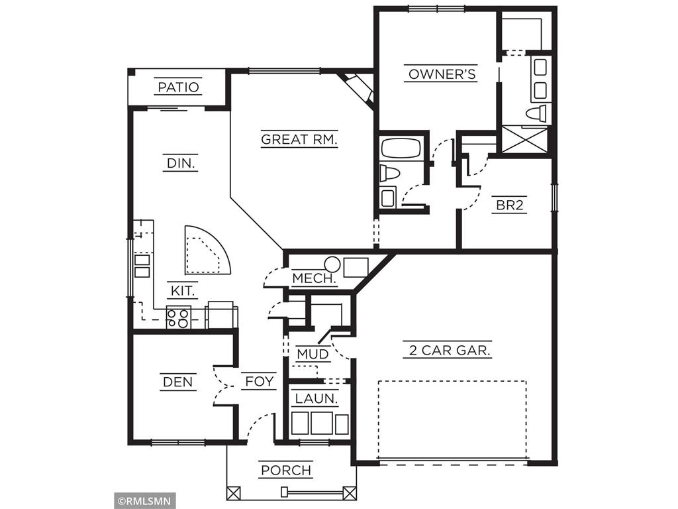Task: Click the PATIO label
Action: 178,87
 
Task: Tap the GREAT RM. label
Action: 299,139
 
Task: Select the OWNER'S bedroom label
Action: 442,74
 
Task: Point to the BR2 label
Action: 510,205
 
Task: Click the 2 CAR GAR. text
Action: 448,351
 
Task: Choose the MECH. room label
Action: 314,278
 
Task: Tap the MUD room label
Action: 313,355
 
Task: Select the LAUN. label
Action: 316,399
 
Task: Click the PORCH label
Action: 286,471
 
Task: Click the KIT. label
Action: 183,290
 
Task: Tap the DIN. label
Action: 180,163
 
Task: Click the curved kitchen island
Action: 205,252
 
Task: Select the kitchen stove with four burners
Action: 178,318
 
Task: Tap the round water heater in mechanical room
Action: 332,265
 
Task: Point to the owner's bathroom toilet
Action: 536,113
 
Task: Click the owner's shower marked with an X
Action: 524,140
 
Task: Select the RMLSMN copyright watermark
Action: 144,500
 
